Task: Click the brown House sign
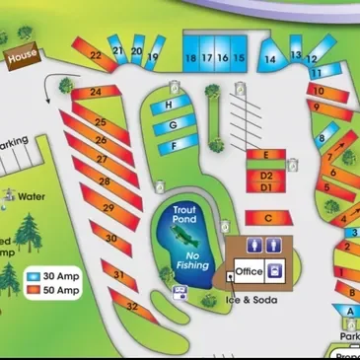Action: click(x=22, y=58)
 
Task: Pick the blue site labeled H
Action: click(x=170, y=105)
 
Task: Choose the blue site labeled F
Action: click(x=174, y=146)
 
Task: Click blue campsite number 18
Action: click(x=191, y=58)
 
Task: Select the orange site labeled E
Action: click(x=266, y=156)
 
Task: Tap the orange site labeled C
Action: click(x=267, y=217)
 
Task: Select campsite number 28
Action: click(x=105, y=181)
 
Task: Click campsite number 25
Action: click(x=100, y=122)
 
